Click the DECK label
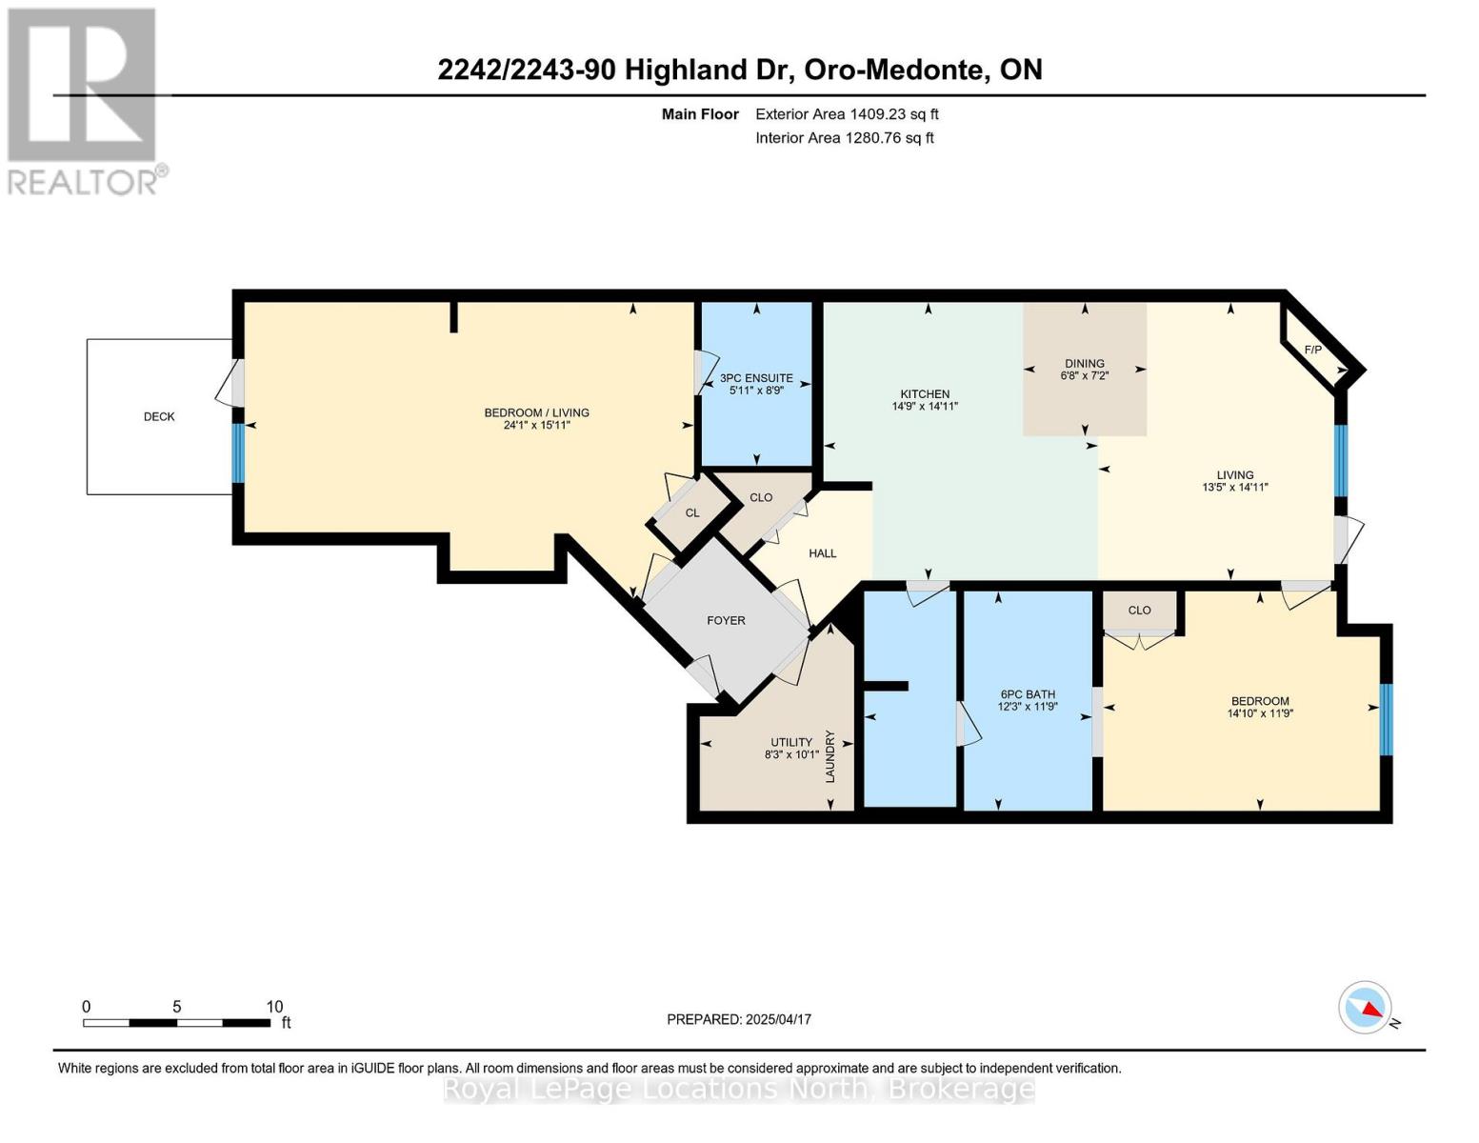[x=159, y=416]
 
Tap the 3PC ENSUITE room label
[x=756, y=378]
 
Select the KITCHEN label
[x=925, y=393]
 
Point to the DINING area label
[x=1084, y=363]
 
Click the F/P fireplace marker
[x=1312, y=350]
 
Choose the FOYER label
[x=726, y=620]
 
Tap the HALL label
[x=822, y=553]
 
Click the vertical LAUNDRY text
[x=829, y=756]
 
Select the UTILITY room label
[x=790, y=742]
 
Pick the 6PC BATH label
[x=1028, y=694]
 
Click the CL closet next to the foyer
[x=692, y=512]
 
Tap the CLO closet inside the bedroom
[x=1139, y=611]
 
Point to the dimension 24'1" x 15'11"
[x=536, y=425]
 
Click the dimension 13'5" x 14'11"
[x=1234, y=487]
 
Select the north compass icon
[x=1365, y=1008]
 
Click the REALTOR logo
[x=84, y=100]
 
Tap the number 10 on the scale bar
[x=274, y=1007]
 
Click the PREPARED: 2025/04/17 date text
[x=738, y=1019]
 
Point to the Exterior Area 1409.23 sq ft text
[x=847, y=114]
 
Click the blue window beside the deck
[x=238, y=452]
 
